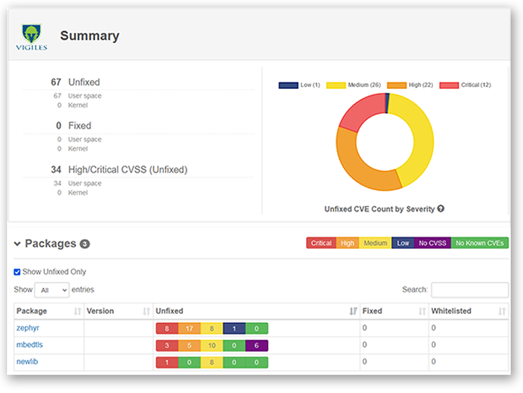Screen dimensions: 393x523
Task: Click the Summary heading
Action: pyautogui.click(x=90, y=36)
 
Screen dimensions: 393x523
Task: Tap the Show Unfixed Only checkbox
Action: pyautogui.click(x=17, y=272)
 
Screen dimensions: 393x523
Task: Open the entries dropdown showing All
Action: pyautogui.click(x=51, y=290)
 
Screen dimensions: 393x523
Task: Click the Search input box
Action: pyautogui.click(x=470, y=290)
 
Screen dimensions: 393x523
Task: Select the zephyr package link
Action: pyautogui.click(x=28, y=329)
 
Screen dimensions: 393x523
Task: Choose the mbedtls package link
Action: pyautogui.click(x=29, y=345)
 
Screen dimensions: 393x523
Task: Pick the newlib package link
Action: pyautogui.click(x=27, y=361)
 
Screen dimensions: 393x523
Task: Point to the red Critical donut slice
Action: pyautogui.click(x=359, y=111)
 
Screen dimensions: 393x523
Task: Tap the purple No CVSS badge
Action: pyautogui.click(x=432, y=243)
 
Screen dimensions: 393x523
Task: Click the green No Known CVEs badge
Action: pyautogui.click(x=480, y=243)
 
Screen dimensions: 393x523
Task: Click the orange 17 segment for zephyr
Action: pyautogui.click(x=189, y=329)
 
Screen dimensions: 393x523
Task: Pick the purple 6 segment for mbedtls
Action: pyautogui.click(x=257, y=346)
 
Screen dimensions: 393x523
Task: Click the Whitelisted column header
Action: pyautogui.click(x=450, y=311)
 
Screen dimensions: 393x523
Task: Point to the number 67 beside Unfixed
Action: pyautogui.click(x=56, y=82)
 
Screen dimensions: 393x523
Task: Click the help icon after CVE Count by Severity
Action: pyautogui.click(x=441, y=209)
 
